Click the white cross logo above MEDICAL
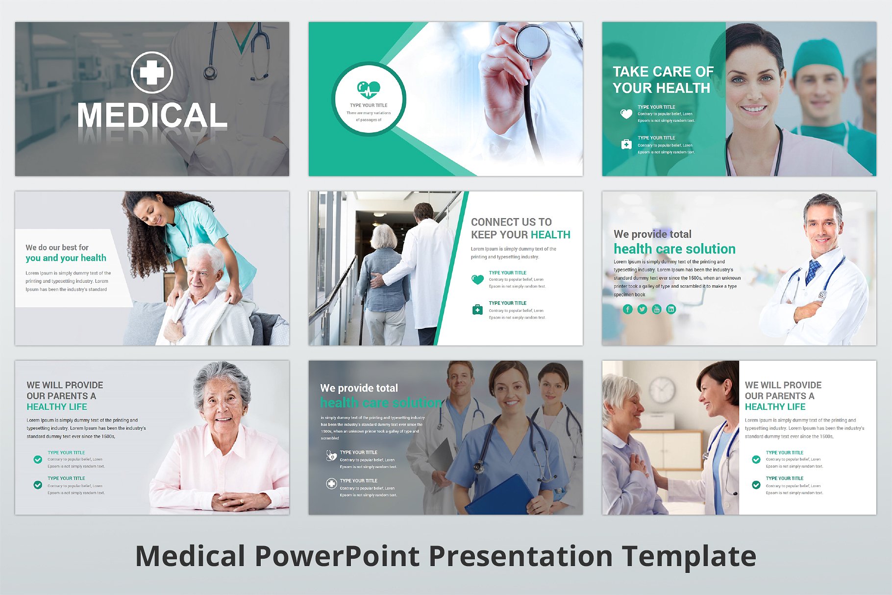[x=152, y=73]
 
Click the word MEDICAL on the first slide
[x=152, y=116]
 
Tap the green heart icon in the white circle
[x=369, y=90]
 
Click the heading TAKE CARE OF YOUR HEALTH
[x=663, y=79]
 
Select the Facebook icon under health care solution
[x=628, y=309]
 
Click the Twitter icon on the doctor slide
[x=642, y=309]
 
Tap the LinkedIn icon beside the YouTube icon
[x=671, y=309]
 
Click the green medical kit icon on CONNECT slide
[x=477, y=310]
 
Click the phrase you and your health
[x=66, y=258]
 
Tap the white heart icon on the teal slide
[x=626, y=114]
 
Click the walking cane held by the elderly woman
[x=362, y=319]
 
